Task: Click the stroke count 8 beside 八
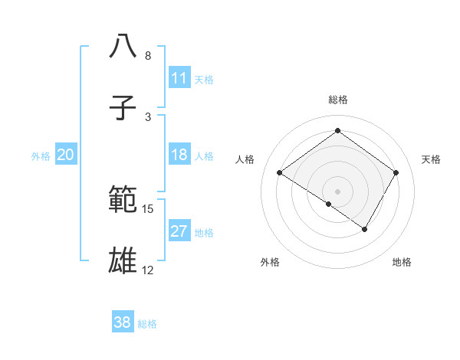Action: click(147, 56)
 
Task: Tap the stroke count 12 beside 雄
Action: click(148, 270)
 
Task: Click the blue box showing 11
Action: click(179, 78)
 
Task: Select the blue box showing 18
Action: click(179, 155)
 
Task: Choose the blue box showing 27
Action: click(179, 232)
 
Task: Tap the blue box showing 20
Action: click(65, 155)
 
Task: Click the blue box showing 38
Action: click(123, 322)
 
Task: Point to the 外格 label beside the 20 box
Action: click(41, 156)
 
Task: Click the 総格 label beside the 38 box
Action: click(147, 324)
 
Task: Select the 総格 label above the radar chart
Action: click(337, 100)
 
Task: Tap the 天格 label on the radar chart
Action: click(431, 159)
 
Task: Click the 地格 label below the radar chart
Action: click(402, 262)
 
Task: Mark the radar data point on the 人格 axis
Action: click(280, 173)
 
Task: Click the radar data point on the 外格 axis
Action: click(329, 204)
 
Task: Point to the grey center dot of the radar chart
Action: click(337, 190)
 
